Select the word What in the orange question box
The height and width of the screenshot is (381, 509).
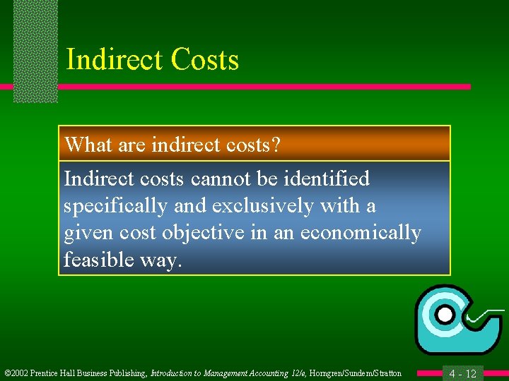coord(84,145)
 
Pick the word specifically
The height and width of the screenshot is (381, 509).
coord(114,207)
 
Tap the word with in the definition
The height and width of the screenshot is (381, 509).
coord(339,207)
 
